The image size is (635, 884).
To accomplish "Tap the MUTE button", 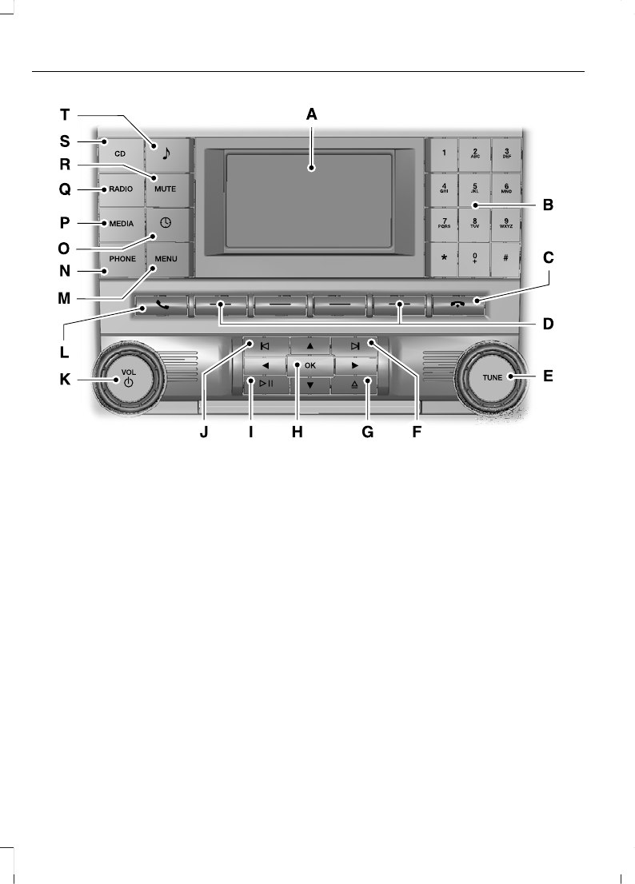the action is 166,189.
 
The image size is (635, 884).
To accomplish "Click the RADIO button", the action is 121,189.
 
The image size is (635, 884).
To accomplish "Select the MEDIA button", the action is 121,224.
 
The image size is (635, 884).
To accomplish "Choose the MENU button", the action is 166,259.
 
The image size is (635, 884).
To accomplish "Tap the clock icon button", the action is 166,224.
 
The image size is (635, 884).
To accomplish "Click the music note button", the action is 166,152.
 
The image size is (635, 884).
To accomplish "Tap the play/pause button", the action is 266,384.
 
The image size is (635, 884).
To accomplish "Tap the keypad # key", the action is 506,259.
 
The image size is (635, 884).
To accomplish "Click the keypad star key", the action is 443,259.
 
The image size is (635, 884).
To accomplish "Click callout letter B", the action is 548,205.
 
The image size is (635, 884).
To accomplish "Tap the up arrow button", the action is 310,346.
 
